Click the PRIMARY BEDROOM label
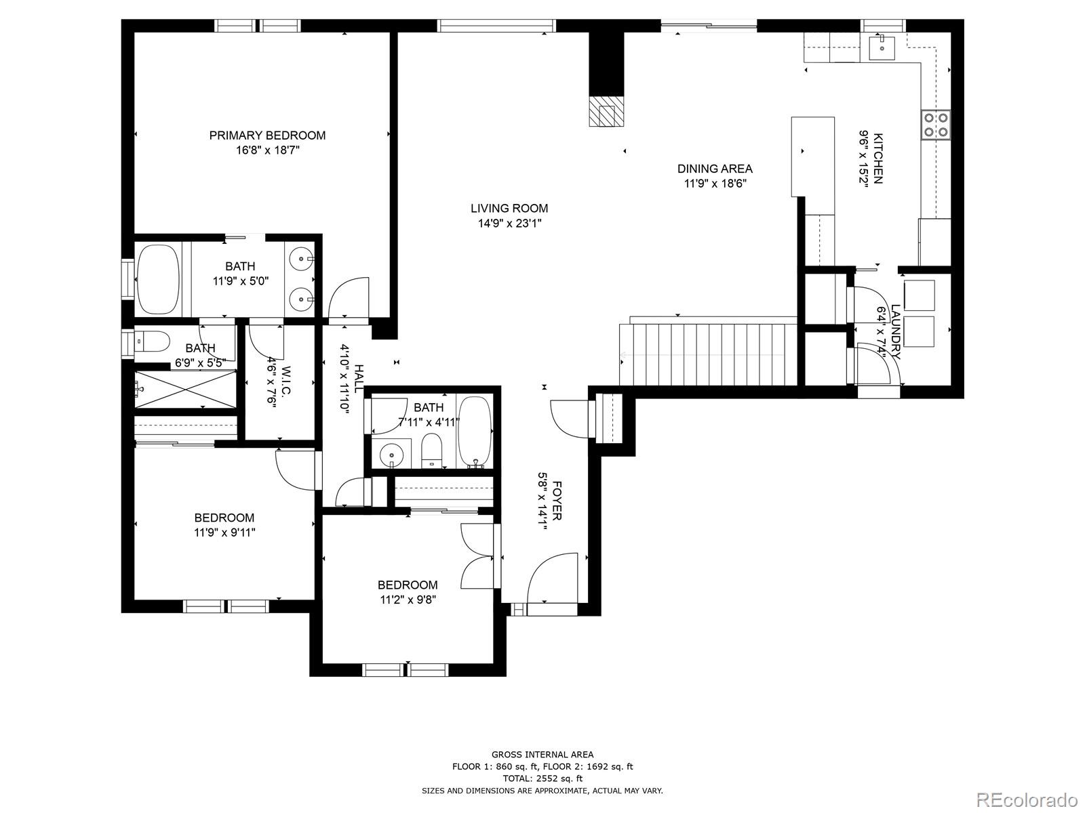coord(267,135)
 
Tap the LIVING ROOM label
coord(509,208)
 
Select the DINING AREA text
coord(715,169)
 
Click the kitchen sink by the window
coord(882,47)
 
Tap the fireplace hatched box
coord(606,116)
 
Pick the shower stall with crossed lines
coord(186,390)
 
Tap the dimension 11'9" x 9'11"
coord(224,533)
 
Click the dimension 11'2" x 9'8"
coord(408,600)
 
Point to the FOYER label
coord(557,501)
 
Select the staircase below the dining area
coord(708,354)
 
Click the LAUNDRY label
coord(896,332)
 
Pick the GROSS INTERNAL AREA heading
coord(542,754)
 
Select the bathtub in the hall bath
coord(475,432)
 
